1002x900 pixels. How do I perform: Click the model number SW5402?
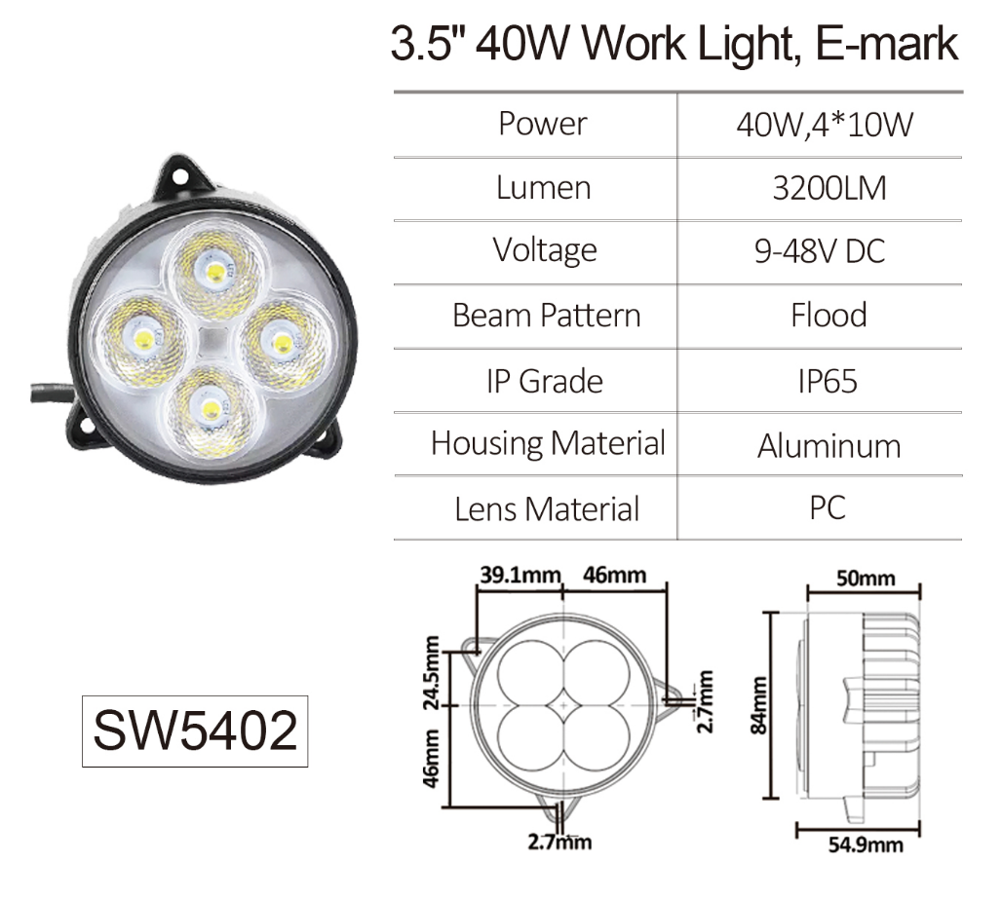coord(195,731)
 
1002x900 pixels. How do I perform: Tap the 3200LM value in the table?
coord(829,188)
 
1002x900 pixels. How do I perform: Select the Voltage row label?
coord(545,250)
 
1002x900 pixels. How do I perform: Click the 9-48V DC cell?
coord(819,251)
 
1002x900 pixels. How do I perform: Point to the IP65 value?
coord(828,382)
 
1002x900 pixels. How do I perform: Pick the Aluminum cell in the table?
coord(829,446)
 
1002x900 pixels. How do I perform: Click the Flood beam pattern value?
coord(829,315)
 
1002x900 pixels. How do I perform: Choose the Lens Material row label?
coord(547,509)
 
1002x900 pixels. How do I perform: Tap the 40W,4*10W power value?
coord(825,125)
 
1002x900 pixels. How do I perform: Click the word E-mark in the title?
coord(887,44)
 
